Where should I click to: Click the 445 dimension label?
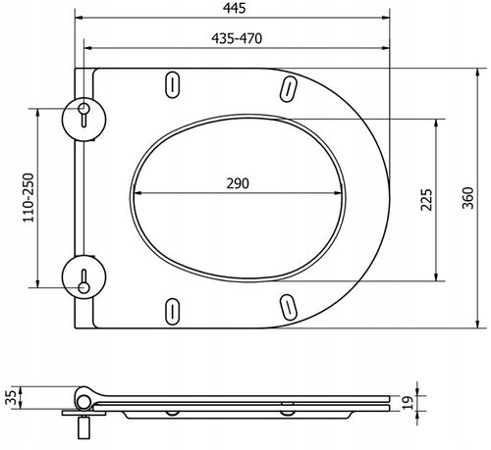[x=235, y=8]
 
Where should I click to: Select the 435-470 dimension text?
[x=237, y=38]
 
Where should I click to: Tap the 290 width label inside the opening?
[x=238, y=183]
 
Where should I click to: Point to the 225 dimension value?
[x=426, y=200]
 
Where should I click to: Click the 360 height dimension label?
[x=467, y=198]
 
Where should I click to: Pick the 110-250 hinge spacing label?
[x=28, y=198]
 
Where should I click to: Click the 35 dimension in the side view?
[x=12, y=397]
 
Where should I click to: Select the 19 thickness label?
[x=408, y=403]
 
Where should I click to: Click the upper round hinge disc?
[x=83, y=120]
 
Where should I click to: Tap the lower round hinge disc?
[x=83, y=276]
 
